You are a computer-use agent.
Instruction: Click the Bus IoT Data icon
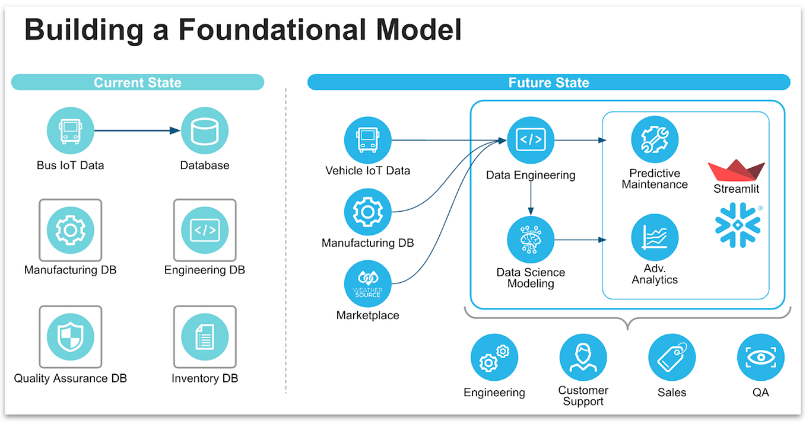(x=71, y=130)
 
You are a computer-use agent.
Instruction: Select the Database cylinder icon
(x=205, y=130)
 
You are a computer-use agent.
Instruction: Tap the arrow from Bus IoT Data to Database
(x=137, y=130)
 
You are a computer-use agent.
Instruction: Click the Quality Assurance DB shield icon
(x=71, y=337)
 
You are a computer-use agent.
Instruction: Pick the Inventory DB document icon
(x=205, y=337)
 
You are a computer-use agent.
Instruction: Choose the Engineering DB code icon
(x=205, y=230)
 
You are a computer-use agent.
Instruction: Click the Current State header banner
(x=138, y=82)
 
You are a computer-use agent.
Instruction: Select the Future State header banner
(x=549, y=82)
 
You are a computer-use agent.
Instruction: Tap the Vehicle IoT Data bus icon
(x=368, y=140)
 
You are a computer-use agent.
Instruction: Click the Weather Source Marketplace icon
(x=368, y=283)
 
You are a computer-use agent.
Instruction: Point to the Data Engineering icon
(x=531, y=140)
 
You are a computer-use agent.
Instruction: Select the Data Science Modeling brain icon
(x=531, y=240)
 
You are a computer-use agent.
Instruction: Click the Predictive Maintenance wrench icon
(x=655, y=139)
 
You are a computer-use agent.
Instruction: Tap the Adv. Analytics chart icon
(x=655, y=237)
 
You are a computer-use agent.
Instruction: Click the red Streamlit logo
(x=736, y=170)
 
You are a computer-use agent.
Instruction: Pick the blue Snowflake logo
(x=738, y=225)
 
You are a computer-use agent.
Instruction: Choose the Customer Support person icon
(x=583, y=358)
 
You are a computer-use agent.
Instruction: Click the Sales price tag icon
(x=672, y=358)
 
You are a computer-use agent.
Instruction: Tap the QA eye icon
(x=761, y=358)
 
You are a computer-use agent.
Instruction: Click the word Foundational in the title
(x=272, y=30)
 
